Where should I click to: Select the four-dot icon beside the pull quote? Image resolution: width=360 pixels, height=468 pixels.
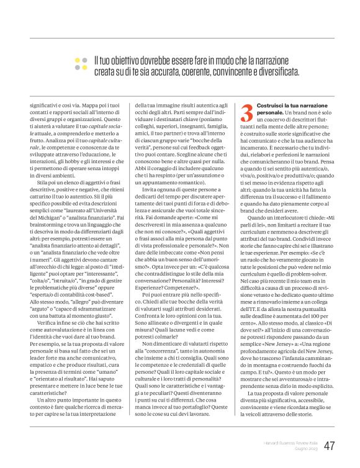pos(81,64)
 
